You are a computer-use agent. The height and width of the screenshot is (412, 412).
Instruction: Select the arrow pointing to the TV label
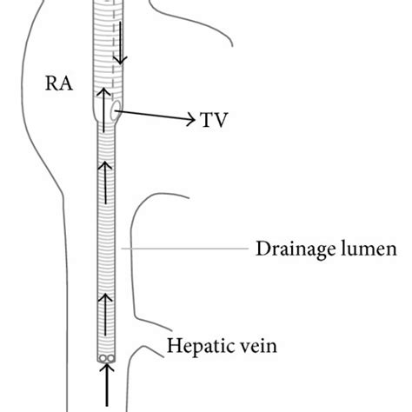click(x=156, y=116)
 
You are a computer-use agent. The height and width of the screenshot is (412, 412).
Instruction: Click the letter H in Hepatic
click(x=171, y=348)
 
